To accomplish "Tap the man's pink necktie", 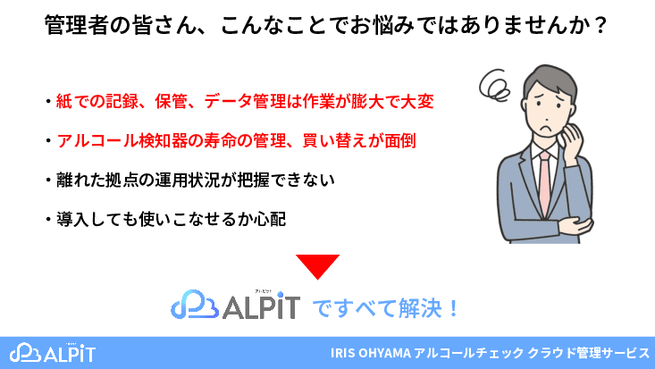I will coord(544,183).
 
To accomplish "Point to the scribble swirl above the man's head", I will coord(493,86).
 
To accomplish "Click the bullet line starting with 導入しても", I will coord(165,217).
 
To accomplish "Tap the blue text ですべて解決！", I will coord(387,309).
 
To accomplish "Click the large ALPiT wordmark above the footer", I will coord(258,308).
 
